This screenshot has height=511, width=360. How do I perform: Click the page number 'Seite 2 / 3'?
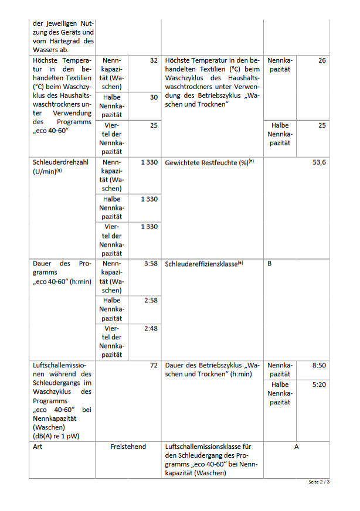point(319,482)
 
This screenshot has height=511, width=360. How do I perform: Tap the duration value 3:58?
point(151,264)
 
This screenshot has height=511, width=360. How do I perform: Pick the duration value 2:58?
point(151,300)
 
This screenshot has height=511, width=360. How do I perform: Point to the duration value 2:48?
point(151,328)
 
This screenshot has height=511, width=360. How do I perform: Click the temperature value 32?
point(154,60)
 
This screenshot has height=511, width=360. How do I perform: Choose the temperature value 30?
point(154,97)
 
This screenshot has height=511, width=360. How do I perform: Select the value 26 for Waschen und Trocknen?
point(322,60)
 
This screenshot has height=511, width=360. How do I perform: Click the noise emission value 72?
point(154,365)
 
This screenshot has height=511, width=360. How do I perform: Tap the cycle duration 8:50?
point(319,365)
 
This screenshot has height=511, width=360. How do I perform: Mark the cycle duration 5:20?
point(319,384)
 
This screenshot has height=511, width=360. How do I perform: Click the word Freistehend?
point(128,447)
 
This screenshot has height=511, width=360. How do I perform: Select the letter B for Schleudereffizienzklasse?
point(270,264)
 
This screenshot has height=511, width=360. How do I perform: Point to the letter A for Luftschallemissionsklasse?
point(296,447)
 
